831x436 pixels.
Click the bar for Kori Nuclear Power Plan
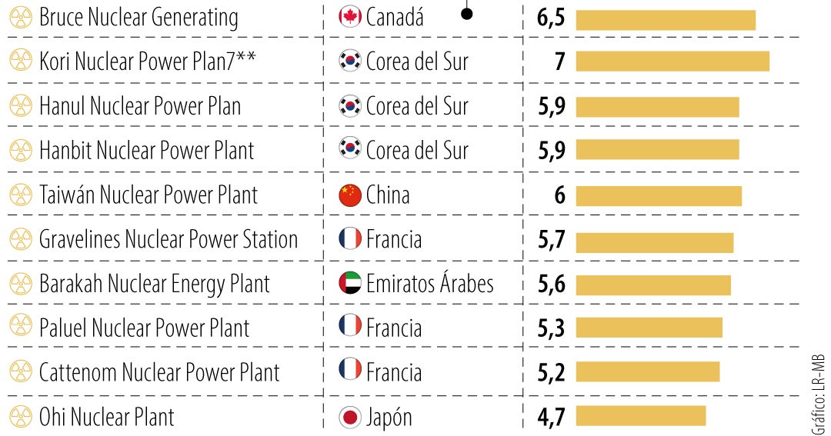pyautogui.click(x=672, y=62)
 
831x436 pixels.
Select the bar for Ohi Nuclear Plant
pyautogui.click(x=640, y=416)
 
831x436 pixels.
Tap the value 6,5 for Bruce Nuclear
pyautogui.click(x=551, y=18)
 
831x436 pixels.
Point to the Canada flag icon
pyautogui.click(x=350, y=18)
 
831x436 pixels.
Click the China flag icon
pyautogui.click(x=350, y=195)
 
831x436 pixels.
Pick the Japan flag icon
pyautogui.click(x=350, y=418)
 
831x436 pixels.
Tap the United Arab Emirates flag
pyautogui.click(x=350, y=284)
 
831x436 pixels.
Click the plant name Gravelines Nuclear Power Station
pyautogui.click(x=169, y=239)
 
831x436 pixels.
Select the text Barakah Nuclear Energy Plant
pyautogui.click(x=155, y=284)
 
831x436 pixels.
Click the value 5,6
pyautogui.click(x=551, y=284)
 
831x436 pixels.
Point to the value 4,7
pyautogui.click(x=551, y=418)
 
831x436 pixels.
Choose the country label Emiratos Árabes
pyautogui.click(x=429, y=284)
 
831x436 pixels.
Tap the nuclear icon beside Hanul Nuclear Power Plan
pyautogui.click(x=19, y=106)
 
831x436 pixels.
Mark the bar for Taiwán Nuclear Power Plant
pyautogui.click(x=659, y=195)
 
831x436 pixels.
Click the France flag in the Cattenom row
pyautogui.click(x=350, y=372)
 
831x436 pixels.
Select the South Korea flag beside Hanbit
pyautogui.click(x=350, y=151)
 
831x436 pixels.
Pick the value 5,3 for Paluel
pyautogui.click(x=551, y=328)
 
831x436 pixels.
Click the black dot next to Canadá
pyautogui.click(x=466, y=13)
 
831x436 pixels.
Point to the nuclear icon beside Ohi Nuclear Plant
pyautogui.click(x=19, y=418)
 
